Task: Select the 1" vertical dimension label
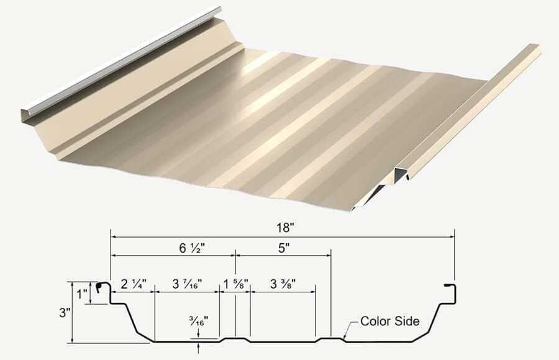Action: click(x=81, y=291)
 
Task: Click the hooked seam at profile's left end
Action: click(x=102, y=287)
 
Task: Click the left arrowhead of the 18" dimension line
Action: click(x=114, y=236)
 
